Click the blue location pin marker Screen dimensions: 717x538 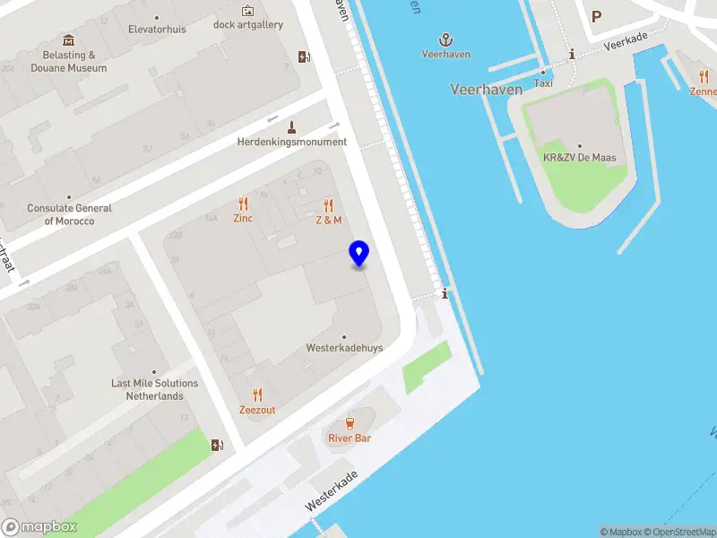[x=358, y=253]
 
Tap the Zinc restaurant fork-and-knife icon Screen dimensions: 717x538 [x=243, y=204]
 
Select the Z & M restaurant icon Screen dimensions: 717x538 [x=329, y=205]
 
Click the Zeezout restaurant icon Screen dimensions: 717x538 [x=257, y=395]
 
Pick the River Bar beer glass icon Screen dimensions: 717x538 [x=350, y=422]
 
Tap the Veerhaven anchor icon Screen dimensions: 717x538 [x=445, y=39]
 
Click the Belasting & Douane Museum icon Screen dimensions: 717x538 [x=69, y=40]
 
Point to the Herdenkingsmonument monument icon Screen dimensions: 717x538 [x=292, y=126]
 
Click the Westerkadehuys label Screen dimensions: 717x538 [x=344, y=347]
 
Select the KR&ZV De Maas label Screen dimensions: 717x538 [x=580, y=158]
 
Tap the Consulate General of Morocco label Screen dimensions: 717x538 [x=69, y=214]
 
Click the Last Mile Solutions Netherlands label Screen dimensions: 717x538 [x=154, y=389]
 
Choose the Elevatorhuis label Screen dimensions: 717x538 [x=157, y=29]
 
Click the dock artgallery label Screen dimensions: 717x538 [x=248, y=24]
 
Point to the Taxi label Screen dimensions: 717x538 [x=543, y=82]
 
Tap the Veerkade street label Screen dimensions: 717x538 [x=625, y=44]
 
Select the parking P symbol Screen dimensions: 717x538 [x=596, y=15]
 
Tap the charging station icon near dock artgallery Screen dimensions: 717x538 [x=305, y=56]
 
